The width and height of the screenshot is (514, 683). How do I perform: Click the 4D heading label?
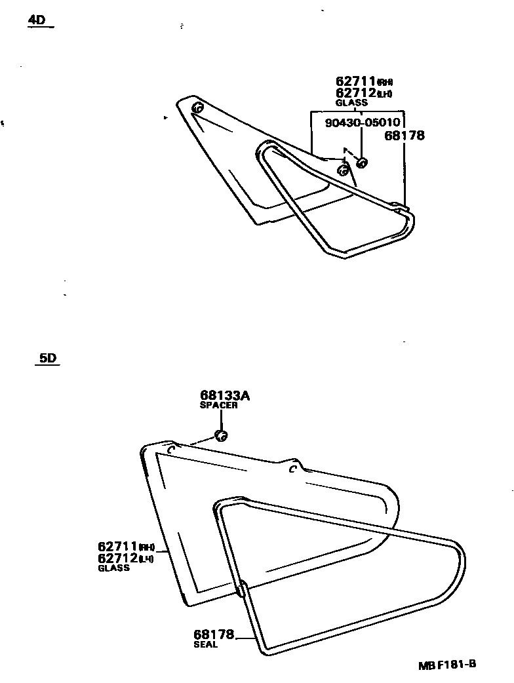(37, 20)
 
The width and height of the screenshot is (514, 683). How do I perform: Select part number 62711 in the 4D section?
(355, 82)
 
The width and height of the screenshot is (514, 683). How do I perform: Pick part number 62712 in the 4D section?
(355, 93)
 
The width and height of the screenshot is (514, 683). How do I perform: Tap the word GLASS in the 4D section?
(351, 103)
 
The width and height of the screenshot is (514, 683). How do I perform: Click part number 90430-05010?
(363, 123)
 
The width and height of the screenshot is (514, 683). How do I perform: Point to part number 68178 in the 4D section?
(405, 136)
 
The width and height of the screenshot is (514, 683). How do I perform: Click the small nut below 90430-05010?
(362, 162)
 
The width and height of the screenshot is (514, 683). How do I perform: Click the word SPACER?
(218, 405)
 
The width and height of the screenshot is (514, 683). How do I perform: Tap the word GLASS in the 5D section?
(113, 568)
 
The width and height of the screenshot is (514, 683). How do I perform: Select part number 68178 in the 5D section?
(214, 634)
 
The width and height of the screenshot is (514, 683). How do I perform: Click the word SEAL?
(205, 644)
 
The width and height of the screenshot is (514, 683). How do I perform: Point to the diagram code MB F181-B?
(447, 664)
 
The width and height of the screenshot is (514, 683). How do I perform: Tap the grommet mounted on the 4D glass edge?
(342, 171)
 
